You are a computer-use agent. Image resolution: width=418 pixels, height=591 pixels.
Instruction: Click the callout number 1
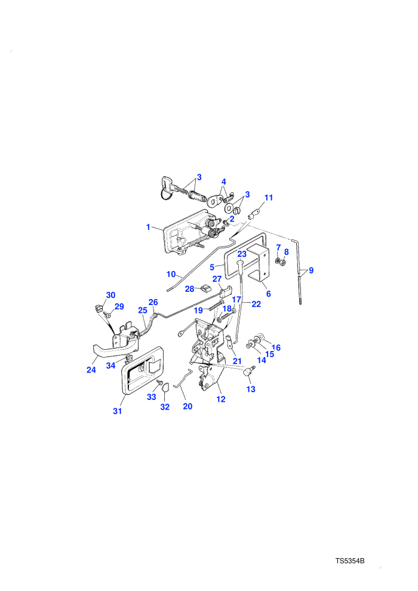(148, 227)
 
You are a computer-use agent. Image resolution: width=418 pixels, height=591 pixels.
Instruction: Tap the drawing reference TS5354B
(350, 561)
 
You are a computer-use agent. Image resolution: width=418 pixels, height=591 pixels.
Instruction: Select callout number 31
(118, 411)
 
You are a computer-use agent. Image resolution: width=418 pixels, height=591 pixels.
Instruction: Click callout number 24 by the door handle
(91, 370)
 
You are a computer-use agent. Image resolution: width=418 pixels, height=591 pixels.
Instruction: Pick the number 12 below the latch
(221, 399)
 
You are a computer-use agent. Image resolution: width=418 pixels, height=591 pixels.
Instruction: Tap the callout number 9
(311, 270)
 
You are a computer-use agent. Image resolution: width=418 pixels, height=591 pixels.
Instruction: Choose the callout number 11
(269, 198)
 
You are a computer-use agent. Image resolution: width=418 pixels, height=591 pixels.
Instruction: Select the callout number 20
(188, 407)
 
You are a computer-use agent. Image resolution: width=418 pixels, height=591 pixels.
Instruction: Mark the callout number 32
(165, 407)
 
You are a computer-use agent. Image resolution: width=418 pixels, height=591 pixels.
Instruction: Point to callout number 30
(110, 295)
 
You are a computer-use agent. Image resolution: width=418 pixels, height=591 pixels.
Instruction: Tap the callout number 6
(268, 294)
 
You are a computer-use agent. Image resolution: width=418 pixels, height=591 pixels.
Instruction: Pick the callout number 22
(256, 304)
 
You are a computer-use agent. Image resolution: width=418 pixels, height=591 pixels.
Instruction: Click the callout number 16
(276, 347)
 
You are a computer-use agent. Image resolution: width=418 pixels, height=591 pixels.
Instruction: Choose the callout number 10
(171, 274)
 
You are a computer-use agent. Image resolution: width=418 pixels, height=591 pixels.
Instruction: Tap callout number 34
(110, 365)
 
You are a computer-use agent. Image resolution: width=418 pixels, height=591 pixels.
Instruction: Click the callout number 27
(217, 279)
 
